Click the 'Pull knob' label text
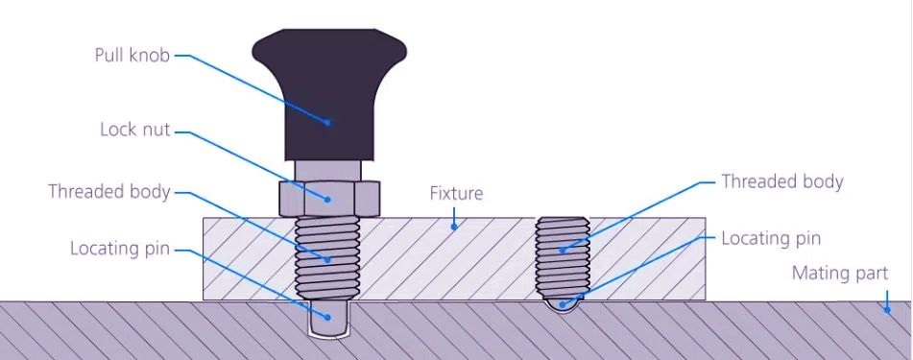coord(132,55)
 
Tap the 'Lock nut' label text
coord(134,129)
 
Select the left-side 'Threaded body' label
coord(109,191)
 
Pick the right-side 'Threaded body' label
coord(781,181)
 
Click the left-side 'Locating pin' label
coord(120,249)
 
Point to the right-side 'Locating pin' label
coord(771,238)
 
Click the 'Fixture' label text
coord(456,194)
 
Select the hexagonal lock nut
coord(327,198)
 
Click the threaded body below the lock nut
coord(327,254)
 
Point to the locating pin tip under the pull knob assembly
coord(327,317)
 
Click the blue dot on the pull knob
coord(327,122)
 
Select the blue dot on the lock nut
coord(327,199)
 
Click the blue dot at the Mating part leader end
coord(887,309)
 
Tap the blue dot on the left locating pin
coord(327,317)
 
